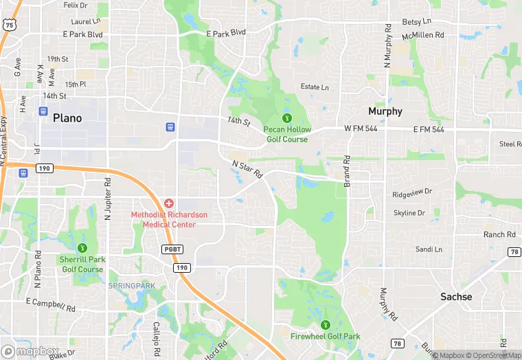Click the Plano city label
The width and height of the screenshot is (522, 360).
coord(67,118)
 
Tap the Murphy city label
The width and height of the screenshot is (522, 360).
coord(385,111)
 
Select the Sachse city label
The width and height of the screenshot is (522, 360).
coord(456,297)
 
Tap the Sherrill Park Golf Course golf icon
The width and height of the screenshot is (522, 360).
coord(82,248)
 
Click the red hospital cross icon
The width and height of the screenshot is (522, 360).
coord(169,203)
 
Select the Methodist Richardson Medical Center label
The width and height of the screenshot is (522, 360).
coord(169,220)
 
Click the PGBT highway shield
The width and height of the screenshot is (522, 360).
coord(172,249)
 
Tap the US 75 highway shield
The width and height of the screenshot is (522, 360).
coord(9,25)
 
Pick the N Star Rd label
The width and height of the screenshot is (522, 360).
coord(248,169)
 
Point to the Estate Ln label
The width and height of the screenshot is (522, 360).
coord(315,87)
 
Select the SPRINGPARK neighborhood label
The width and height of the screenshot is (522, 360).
coord(131,286)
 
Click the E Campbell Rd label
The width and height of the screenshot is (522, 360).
coord(50,304)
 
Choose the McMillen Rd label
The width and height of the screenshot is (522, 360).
coord(423,34)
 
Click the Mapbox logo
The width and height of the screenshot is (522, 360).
coord(31,351)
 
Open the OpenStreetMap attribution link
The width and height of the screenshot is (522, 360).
coord(489,355)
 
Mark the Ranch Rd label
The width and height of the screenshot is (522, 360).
coord(499,234)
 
